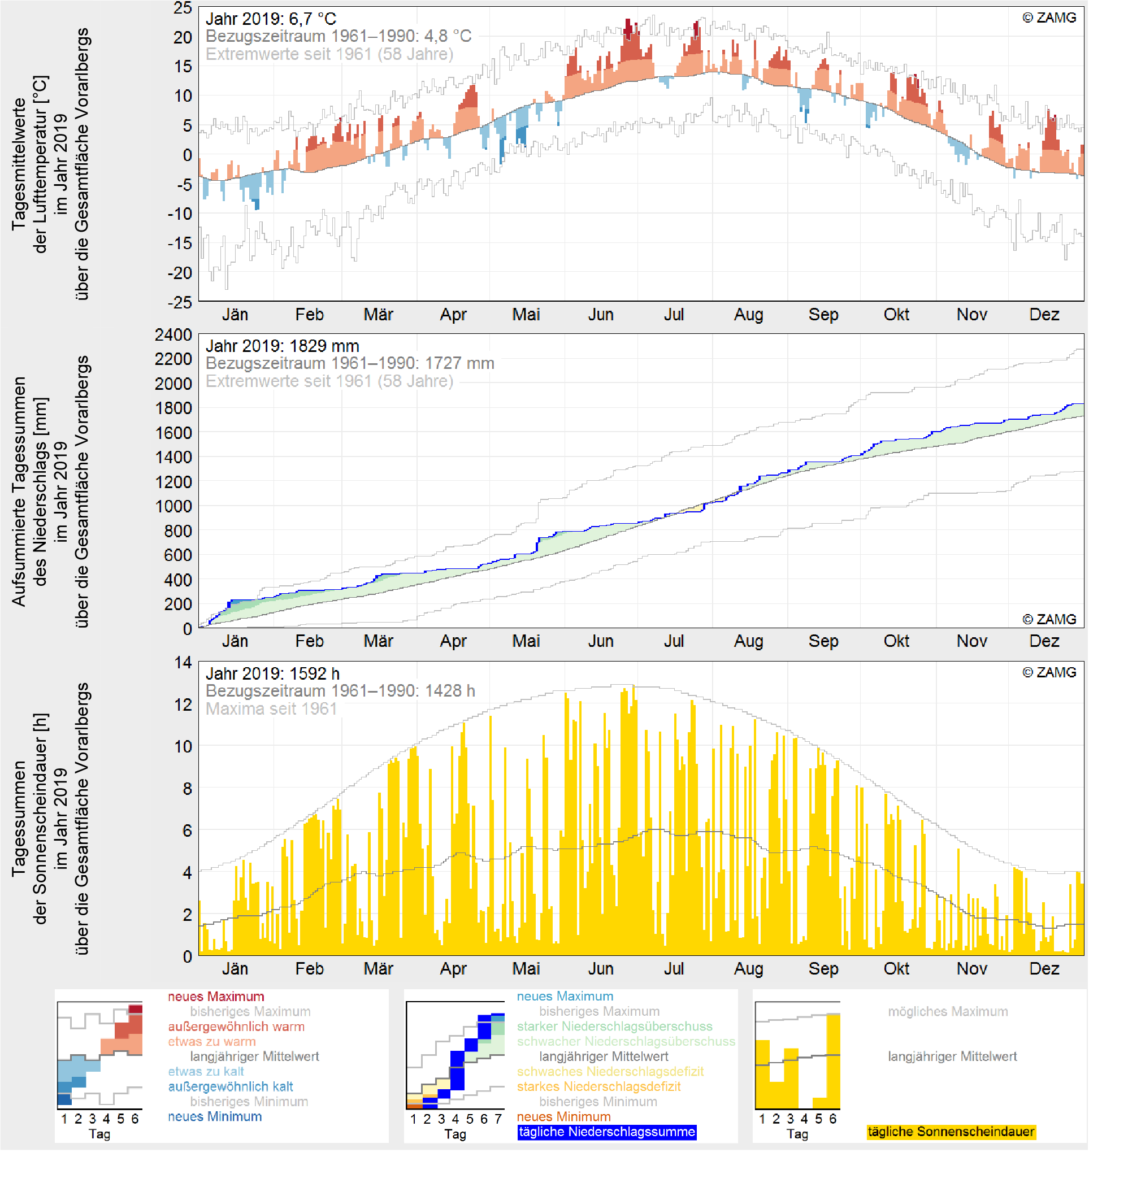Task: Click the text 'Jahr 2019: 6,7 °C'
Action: tap(271, 19)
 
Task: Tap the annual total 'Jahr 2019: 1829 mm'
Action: tap(282, 346)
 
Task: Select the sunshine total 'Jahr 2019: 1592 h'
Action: tap(272, 674)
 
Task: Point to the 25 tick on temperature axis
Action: tap(183, 8)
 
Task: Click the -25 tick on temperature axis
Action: tap(180, 302)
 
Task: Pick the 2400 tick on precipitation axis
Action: tap(173, 335)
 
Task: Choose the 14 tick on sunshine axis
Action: tap(183, 663)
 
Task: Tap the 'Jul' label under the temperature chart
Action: tap(674, 315)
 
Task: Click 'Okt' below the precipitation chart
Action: tap(897, 642)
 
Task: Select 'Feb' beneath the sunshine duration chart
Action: tap(310, 969)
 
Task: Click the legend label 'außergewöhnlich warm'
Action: tap(236, 1027)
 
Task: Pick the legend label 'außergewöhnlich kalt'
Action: tap(230, 1087)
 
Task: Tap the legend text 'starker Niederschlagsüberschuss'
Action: tap(614, 1027)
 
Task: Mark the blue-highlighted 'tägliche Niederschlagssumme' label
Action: tap(608, 1132)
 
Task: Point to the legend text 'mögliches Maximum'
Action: tap(948, 1012)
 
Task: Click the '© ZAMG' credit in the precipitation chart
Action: tap(1050, 620)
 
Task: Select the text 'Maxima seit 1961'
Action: tap(271, 709)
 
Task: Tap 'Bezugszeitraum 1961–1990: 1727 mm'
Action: tap(350, 364)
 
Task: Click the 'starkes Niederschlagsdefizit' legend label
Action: tap(599, 1087)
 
